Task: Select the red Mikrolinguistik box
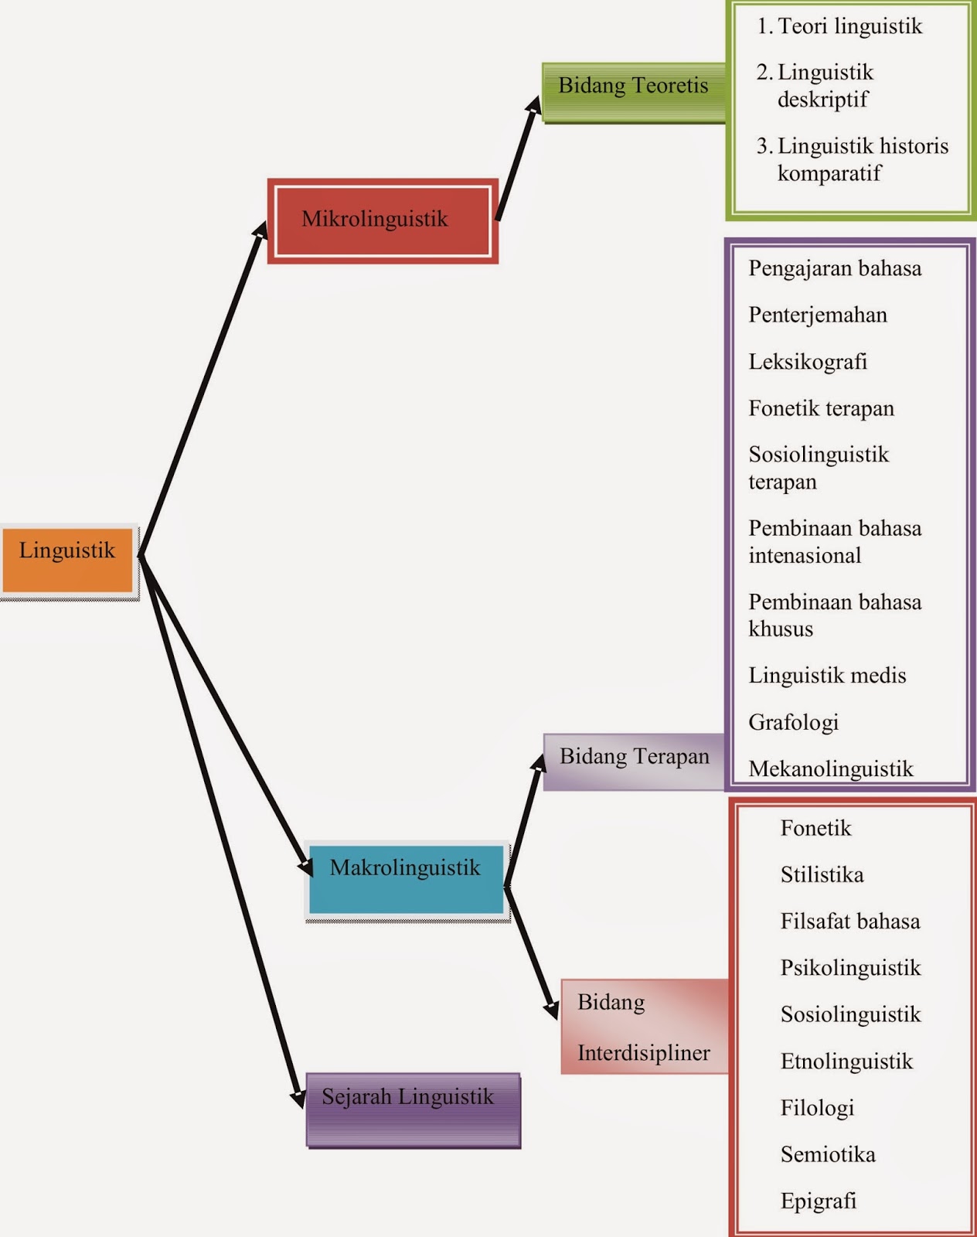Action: [383, 220]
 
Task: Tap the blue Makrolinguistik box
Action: [406, 880]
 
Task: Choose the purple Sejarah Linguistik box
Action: [413, 1108]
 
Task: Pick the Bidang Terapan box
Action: [634, 761]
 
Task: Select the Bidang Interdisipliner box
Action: [644, 1027]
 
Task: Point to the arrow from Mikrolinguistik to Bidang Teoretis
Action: [516, 158]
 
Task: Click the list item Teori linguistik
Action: [849, 26]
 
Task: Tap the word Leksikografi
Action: [808, 362]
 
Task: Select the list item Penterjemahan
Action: [818, 315]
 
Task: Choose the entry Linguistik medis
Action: [827, 676]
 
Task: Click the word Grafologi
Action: [793, 722]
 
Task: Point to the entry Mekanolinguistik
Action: [831, 768]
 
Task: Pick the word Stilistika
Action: [822, 875]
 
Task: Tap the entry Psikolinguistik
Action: [850, 968]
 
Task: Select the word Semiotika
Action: [828, 1155]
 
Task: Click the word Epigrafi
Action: [819, 1201]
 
